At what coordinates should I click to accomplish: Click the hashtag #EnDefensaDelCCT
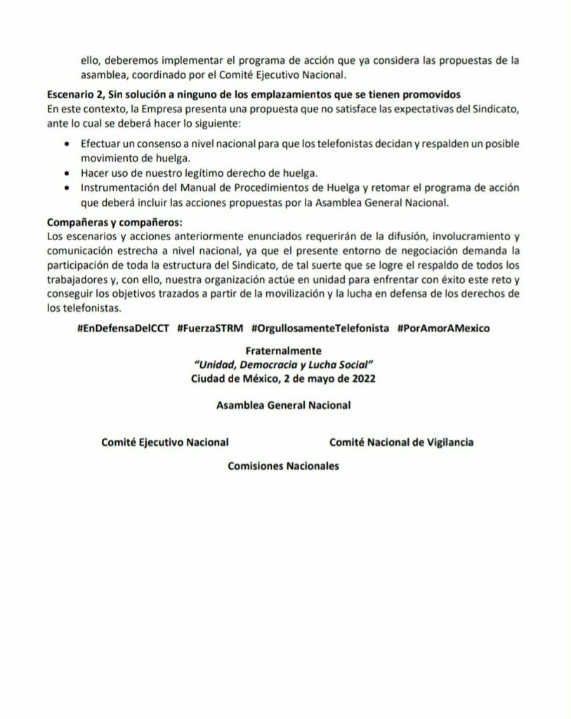point(124,329)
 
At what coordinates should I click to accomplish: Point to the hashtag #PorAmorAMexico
point(444,329)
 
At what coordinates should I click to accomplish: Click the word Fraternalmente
point(286,350)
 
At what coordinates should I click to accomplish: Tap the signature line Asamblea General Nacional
point(284,405)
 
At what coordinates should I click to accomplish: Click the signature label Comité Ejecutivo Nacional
point(165,442)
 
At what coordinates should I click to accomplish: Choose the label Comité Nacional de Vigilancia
point(401,442)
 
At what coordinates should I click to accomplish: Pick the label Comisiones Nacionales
point(284,466)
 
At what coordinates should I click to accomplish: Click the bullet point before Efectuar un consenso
point(66,143)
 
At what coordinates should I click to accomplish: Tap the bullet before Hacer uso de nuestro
point(66,173)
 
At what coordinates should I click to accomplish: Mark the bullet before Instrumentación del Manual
point(66,187)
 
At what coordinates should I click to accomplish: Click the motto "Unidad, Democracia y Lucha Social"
point(285,364)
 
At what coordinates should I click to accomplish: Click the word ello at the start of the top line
point(89,60)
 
